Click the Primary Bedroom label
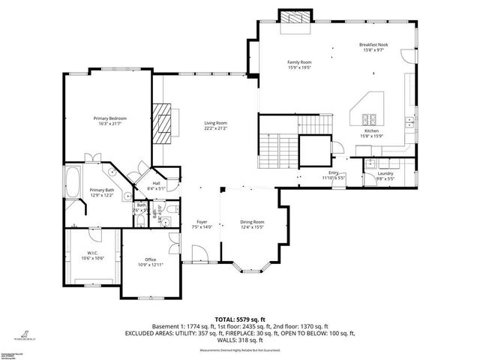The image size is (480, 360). point(109,118)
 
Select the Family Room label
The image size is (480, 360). point(299,62)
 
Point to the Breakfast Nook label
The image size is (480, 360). point(373,45)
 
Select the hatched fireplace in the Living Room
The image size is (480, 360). point(163,118)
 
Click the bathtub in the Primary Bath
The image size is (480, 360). point(74,183)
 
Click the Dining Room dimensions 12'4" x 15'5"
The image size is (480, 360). point(253,227)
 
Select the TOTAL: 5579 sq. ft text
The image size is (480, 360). point(239,319)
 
